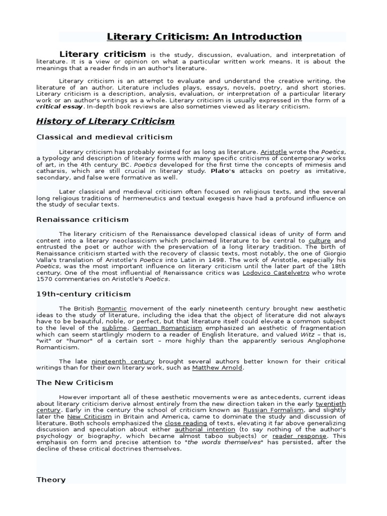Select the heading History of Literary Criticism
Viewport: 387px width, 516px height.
[105, 121]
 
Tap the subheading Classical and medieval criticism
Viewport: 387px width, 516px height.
[104, 137]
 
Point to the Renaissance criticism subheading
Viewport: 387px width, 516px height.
[82, 220]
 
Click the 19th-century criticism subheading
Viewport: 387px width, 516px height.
[83, 294]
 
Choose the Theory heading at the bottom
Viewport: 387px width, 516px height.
[51, 480]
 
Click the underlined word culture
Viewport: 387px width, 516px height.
[319, 240]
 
